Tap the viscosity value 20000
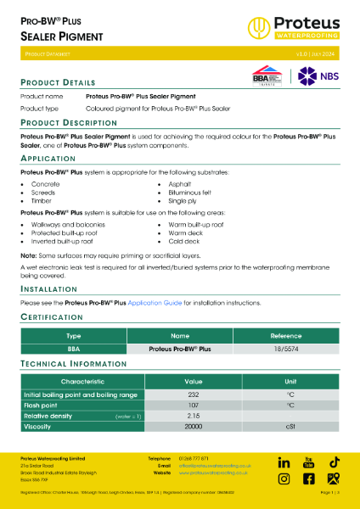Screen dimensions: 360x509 194,427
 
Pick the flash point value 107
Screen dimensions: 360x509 194,406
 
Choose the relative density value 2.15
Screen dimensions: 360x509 194,416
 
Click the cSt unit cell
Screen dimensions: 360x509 290,427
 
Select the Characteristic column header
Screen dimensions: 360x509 82,382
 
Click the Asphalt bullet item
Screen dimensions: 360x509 179,183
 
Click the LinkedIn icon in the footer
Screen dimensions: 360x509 284,462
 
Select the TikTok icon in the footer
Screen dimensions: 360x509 335,462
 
